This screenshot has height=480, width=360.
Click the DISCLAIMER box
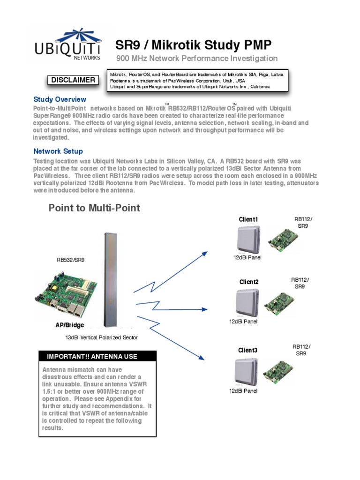[73, 80]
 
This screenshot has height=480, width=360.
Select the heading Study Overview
[60, 99]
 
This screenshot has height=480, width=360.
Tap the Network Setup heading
[58, 151]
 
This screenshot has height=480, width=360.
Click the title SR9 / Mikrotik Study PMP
[193, 45]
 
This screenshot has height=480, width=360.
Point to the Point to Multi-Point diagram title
[94, 208]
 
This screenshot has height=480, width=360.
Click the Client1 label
[248, 219]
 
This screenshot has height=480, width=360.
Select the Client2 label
[249, 282]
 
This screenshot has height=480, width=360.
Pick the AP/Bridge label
[70, 325]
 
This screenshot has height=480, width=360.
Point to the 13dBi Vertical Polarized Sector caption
[102, 337]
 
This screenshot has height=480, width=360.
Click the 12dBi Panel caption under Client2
[243, 322]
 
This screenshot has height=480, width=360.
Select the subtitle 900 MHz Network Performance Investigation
[197, 59]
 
